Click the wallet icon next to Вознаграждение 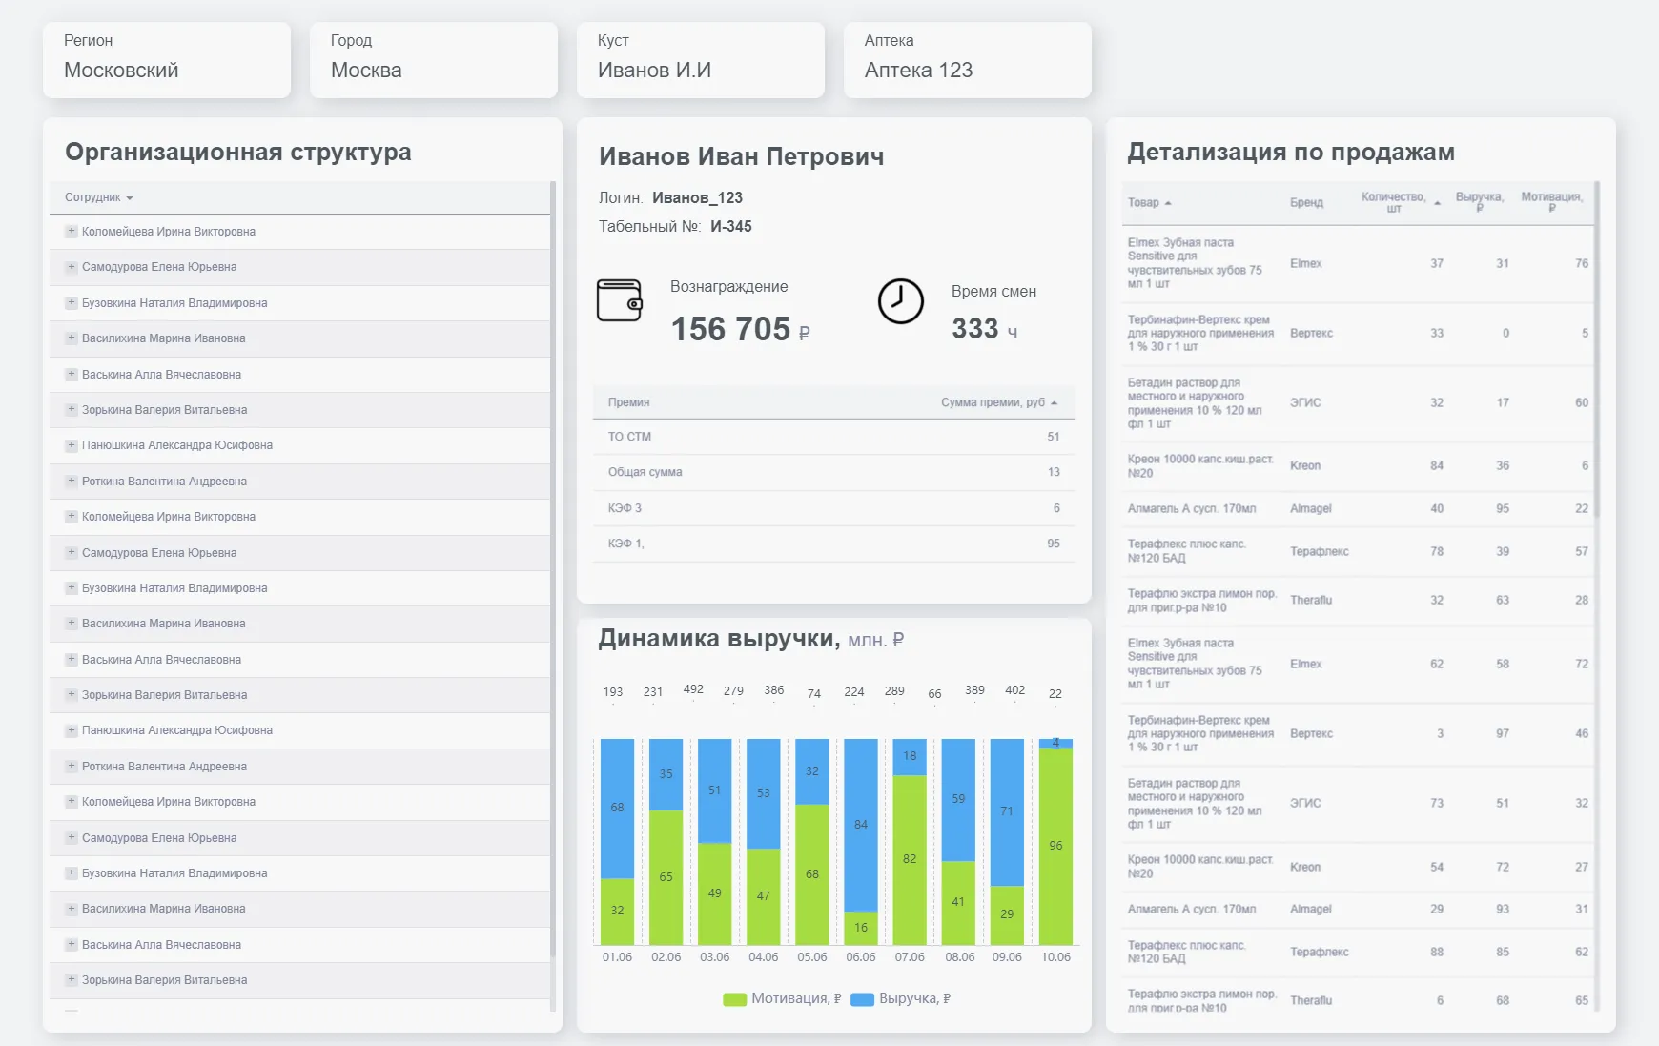pyautogui.click(x=619, y=300)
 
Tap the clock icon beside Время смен pyautogui.click(x=900, y=301)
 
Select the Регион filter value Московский pyautogui.click(x=121, y=71)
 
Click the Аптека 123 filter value pyautogui.click(x=918, y=71)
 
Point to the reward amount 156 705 pyautogui.click(x=730, y=329)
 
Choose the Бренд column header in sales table pyautogui.click(x=1306, y=202)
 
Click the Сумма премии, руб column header pyautogui.click(x=993, y=402)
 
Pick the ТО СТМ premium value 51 pyautogui.click(x=1053, y=437)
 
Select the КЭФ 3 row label pyautogui.click(x=625, y=508)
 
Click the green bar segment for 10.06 pyautogui.click(x=1055, y=846)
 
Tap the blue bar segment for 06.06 pyautogui.click(x=861, y=825)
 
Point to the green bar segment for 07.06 pyautogui.click(x=910, y=859)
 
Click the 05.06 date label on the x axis pyautogui.click(x=812, y=957)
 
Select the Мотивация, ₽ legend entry pyautogui.click(x=784, y=998)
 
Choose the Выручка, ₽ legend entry pyautogui.click(x=902, y=998)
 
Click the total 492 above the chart pyautogui.click(x=693, y=689)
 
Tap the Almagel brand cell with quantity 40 pyautogui.click(x=1310, y=508)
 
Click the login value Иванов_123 pyautogui.click(x=697, y=197)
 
